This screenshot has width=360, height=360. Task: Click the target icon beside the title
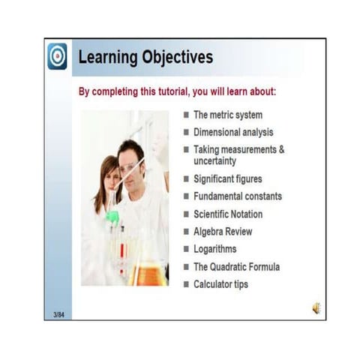pos(58,57)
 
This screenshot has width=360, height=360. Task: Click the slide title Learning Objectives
pos(145,57)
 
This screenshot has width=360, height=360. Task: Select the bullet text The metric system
pos(227,115)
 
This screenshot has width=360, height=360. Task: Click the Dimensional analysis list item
pos(232,132)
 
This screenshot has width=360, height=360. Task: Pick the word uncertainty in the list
pos(214,160)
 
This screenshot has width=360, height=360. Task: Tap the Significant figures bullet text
pos(228,179)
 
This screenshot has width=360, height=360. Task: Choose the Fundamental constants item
pos(238,196)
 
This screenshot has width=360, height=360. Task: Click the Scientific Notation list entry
pos(228,214)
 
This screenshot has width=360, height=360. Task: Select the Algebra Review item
pos(223,232)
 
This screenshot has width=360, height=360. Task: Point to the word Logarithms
pos(214,249)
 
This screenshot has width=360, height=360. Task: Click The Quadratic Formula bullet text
pos(236,266)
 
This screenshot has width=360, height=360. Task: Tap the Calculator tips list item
pos(220,284)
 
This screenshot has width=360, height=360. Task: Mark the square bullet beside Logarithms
pos(186,249)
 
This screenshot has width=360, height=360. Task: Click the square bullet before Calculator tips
pos(186,284)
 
